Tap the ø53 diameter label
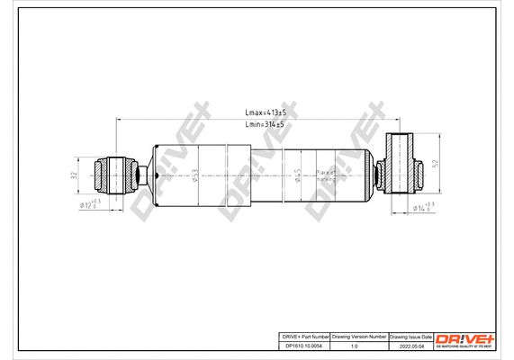(x=195, y=175)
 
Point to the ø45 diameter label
(x=298, y=175)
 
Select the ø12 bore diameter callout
(x=89, y=205)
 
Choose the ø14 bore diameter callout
(x=423, y=208)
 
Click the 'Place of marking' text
(x=326, y=175)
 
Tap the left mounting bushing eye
(x=116, y=174)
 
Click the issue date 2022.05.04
(x=410, y=346)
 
